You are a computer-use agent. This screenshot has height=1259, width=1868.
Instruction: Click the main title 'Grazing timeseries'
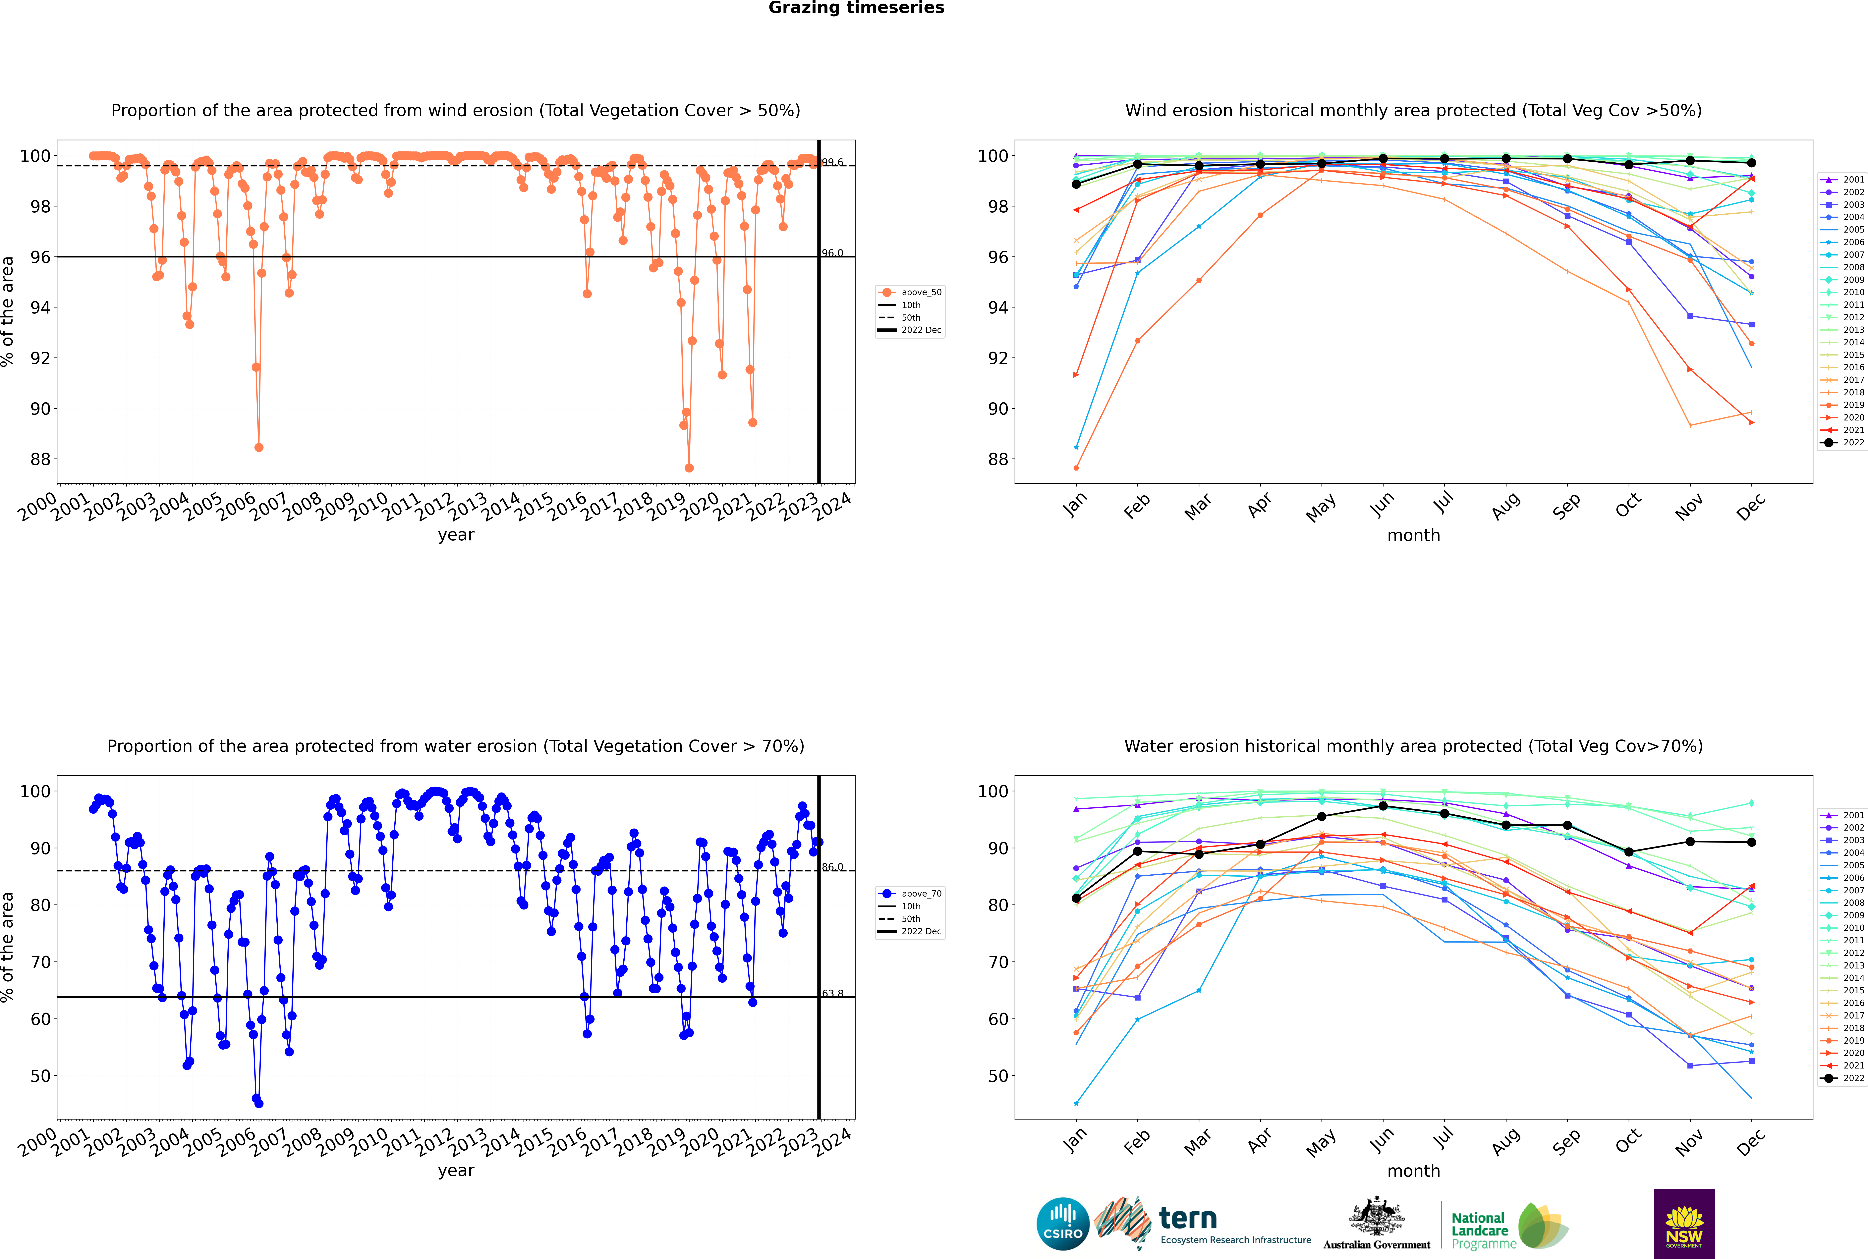(856, 8)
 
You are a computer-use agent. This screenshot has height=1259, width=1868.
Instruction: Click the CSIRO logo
(1062, 1224)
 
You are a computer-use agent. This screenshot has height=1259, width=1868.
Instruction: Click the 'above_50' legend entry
(910, 292)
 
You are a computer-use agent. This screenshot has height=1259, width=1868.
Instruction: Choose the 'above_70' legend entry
(910, 894)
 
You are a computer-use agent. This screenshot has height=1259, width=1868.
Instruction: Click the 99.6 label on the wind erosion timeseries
(832, 162)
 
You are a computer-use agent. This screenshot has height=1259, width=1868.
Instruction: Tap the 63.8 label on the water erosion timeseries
(832, 993)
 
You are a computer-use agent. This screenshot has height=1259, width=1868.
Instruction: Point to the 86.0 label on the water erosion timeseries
(832, 867)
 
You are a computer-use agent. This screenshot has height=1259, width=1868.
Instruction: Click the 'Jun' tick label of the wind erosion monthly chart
(1381, 504)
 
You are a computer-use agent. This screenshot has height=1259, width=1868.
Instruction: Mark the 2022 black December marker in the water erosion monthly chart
(1752, 842)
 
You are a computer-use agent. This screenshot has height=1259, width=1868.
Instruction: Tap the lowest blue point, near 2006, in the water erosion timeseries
(259, 1103)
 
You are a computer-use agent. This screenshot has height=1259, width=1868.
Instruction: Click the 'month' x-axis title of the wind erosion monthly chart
(1413, 536)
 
